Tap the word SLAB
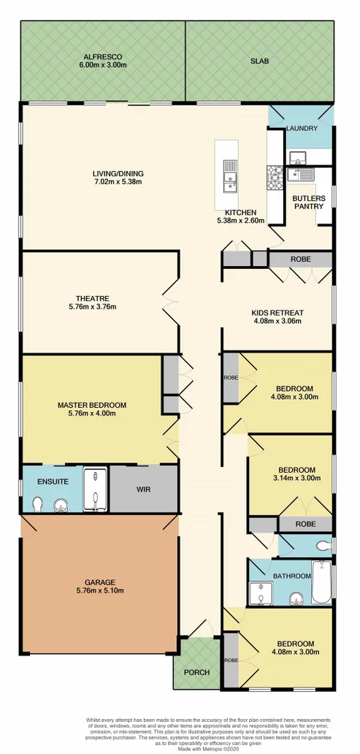click(x=259, y=61)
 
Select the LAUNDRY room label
click(x=302, y=129)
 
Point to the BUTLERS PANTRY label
click(x=309, y=202)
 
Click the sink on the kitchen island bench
click(x=230, y=175)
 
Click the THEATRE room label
click(x=92, y=298)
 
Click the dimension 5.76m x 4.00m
click(x=92, y=414)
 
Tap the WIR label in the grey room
click(x=144, y=490)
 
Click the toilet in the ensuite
click(x=38, y=503)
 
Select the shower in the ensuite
click(x=95, y=489)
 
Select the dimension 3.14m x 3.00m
click(x=296, y=479)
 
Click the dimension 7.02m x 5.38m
click(x=118, y=182)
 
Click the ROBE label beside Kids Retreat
click(x=301, y=259)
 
